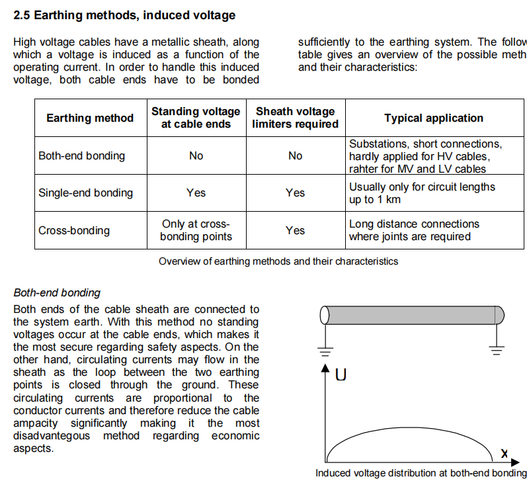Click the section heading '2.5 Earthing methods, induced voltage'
(124, 15)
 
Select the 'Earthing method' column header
(90, 118)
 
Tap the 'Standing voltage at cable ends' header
(196, 118)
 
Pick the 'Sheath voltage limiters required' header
(295, 118)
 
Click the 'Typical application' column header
(434, 118)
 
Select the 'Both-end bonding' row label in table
(81, 155)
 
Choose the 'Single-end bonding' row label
(85, 193)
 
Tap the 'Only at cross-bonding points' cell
(196, 230)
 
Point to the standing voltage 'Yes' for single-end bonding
(196, 193)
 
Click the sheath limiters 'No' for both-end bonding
(295, 155)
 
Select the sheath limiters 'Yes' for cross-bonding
(295, 230)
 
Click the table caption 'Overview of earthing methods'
(278, 261)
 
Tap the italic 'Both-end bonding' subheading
(57, 292)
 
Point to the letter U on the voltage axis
(341, 375)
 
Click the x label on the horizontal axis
(505, 454)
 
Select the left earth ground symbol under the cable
(323, 349)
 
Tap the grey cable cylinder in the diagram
(410, 315)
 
